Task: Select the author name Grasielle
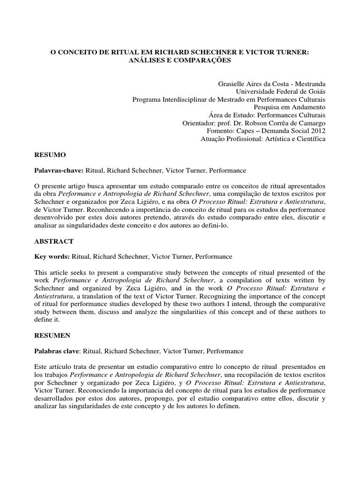[233, 83]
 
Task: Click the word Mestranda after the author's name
[308, 83]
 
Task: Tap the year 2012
[317, 131]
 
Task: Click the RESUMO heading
[50, 154]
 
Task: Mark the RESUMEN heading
[52, 336]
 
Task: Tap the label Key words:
[52, 257]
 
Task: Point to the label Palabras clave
[56, 352]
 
